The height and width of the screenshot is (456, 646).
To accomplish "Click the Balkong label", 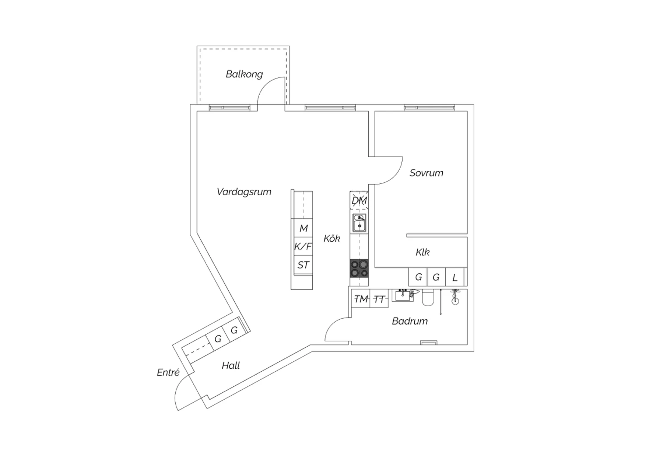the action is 244,74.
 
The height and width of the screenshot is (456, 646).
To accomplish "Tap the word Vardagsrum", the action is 244,192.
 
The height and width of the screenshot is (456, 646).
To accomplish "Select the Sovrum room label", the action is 426,173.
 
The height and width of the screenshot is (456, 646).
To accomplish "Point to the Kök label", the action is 332,238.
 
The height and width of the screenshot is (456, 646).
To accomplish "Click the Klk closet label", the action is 422,253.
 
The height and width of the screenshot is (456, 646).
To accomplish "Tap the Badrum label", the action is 410,321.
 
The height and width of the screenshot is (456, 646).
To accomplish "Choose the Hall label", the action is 231,366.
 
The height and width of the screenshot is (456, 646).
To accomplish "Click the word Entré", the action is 168,373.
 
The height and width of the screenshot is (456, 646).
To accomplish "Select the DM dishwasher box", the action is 359,200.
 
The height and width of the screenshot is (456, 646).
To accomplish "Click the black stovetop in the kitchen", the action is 359,268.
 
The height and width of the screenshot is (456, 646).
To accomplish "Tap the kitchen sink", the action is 359,223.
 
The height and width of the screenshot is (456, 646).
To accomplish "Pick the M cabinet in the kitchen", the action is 303,228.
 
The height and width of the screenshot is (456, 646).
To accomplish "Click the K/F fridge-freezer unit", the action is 303,246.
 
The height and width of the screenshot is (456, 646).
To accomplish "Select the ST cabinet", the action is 303,265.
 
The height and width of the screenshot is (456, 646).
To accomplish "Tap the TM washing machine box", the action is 360,299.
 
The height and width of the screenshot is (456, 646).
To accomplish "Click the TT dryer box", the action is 379,299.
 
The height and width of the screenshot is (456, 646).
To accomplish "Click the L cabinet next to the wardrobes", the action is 455,277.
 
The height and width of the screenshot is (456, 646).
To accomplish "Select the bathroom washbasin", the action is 403,295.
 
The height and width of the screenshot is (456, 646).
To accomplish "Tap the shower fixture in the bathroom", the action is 455,297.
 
